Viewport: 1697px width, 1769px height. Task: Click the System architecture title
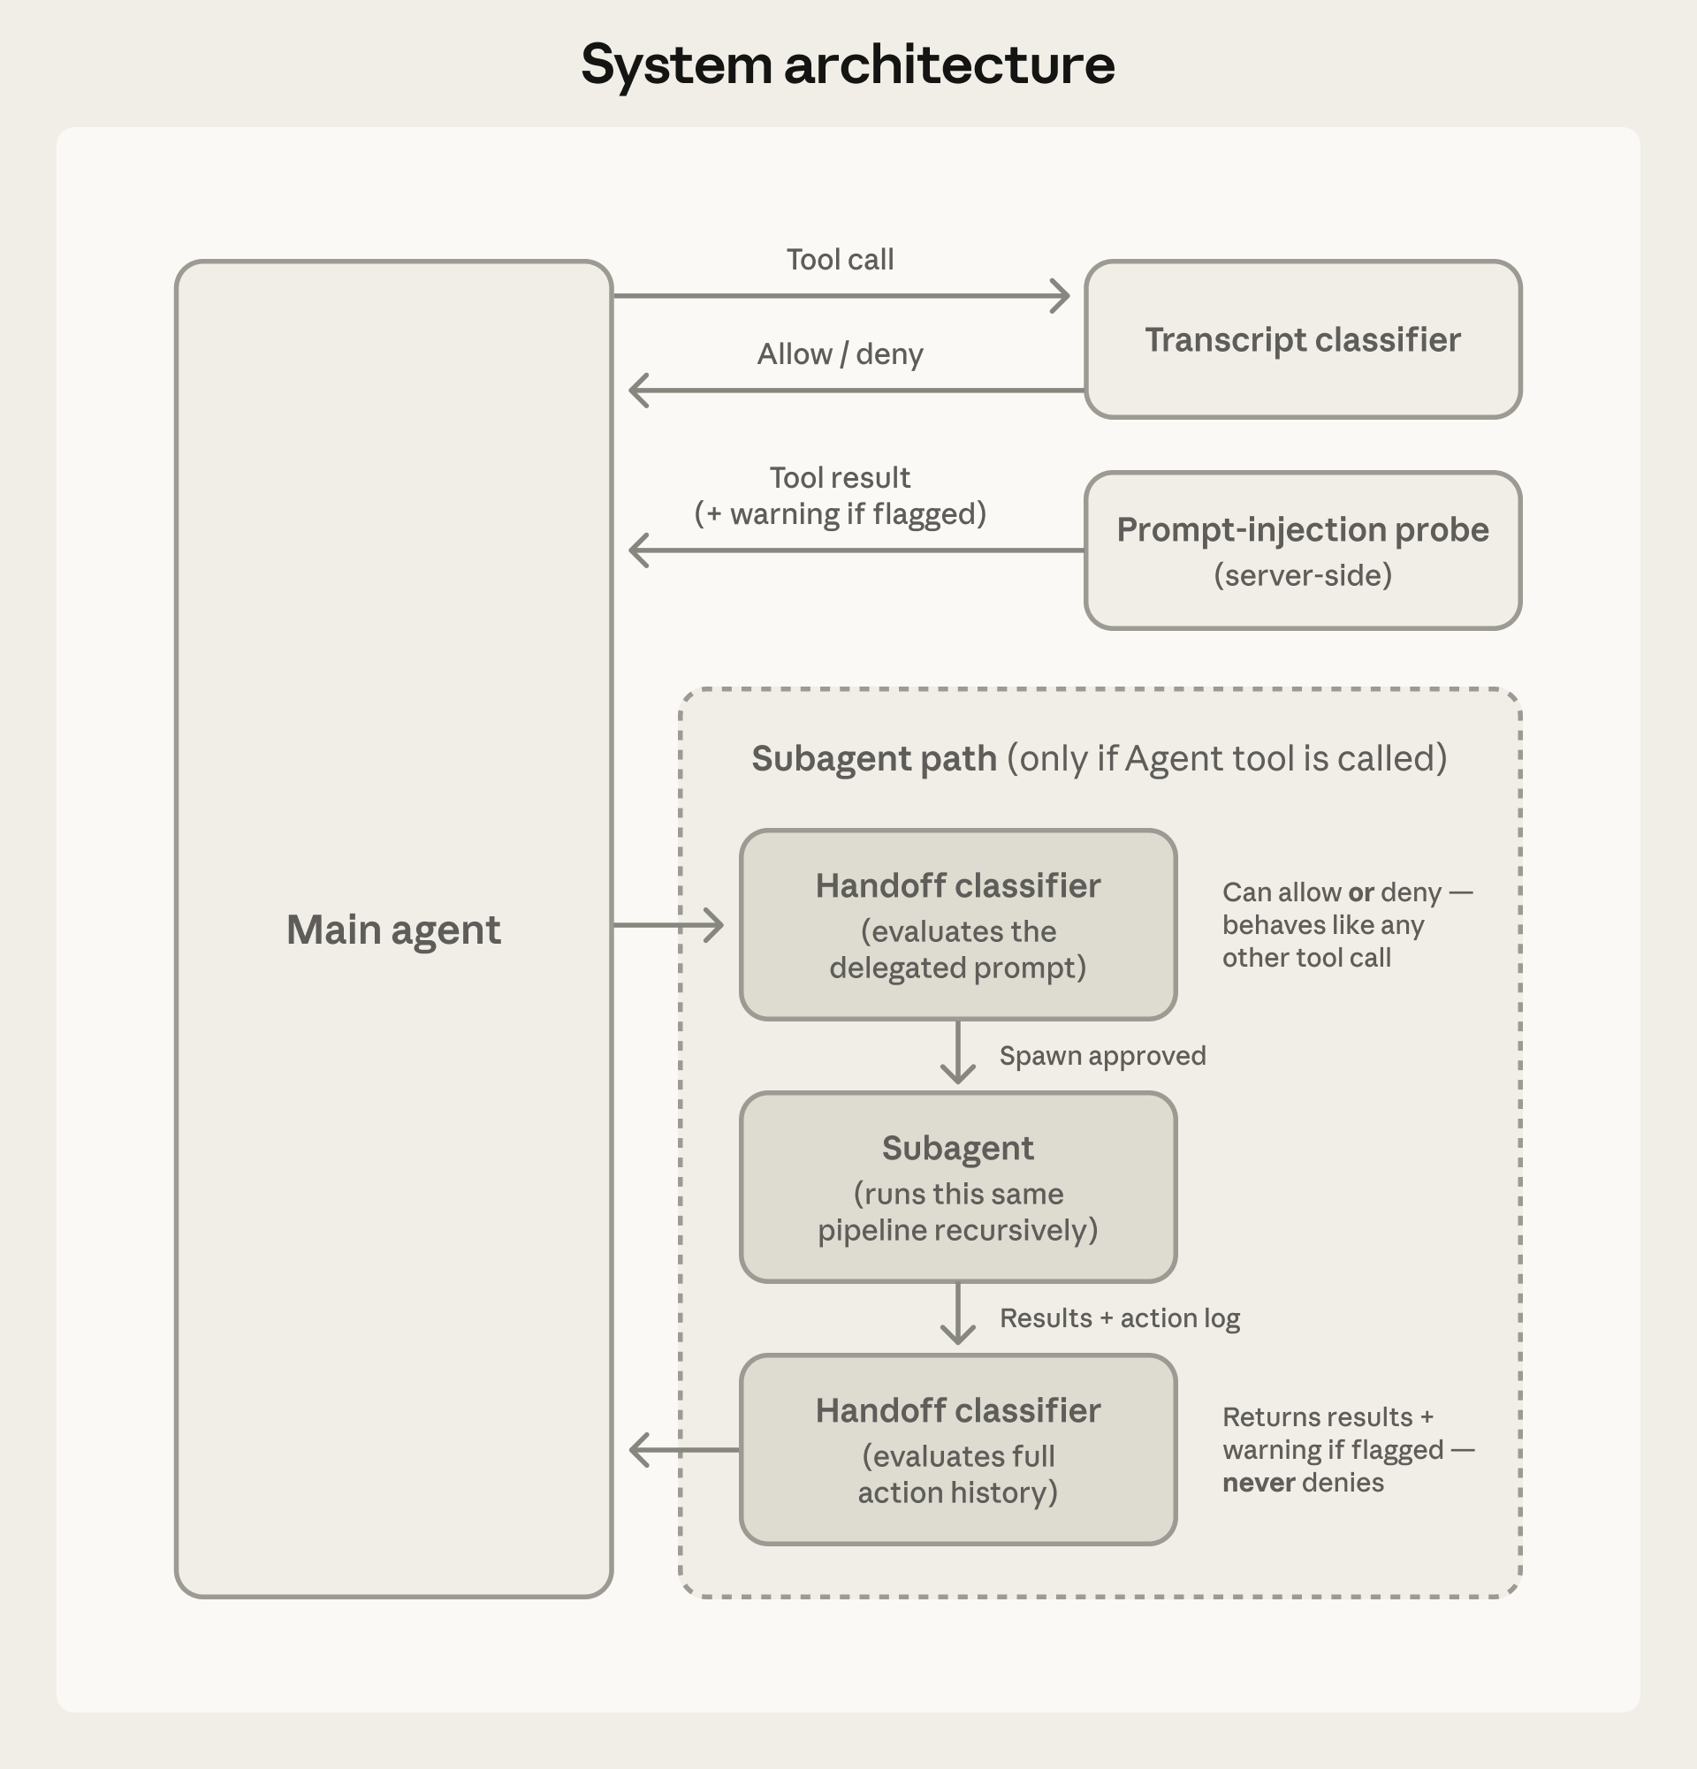click(848, 65)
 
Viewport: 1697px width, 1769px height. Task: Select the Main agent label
click(392, 930)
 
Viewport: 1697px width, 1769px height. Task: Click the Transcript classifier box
click(1302, 340)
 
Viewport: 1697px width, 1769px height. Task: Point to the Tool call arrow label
click(840, 260)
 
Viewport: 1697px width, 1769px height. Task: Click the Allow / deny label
click(840, 354)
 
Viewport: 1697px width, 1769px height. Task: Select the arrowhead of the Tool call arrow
click(1061, 295)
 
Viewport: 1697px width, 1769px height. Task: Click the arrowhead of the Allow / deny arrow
click(638, 391)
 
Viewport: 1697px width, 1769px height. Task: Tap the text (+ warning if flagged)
click(840, 514)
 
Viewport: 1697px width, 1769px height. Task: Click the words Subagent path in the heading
click(874, 759)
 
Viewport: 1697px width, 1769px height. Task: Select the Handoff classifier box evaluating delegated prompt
click(958, 925)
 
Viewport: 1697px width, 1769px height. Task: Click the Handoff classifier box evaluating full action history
click(958, 1449)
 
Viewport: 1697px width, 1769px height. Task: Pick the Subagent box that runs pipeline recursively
click(958, 1187)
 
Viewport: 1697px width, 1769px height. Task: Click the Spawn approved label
click(1102, 1056)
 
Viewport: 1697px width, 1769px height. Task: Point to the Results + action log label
click(1119, 1318)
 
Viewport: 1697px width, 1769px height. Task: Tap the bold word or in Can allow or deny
click(1360, 892)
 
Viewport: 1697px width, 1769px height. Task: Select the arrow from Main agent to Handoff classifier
click(668, 925)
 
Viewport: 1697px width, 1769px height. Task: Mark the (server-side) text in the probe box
click(1302, 576)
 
